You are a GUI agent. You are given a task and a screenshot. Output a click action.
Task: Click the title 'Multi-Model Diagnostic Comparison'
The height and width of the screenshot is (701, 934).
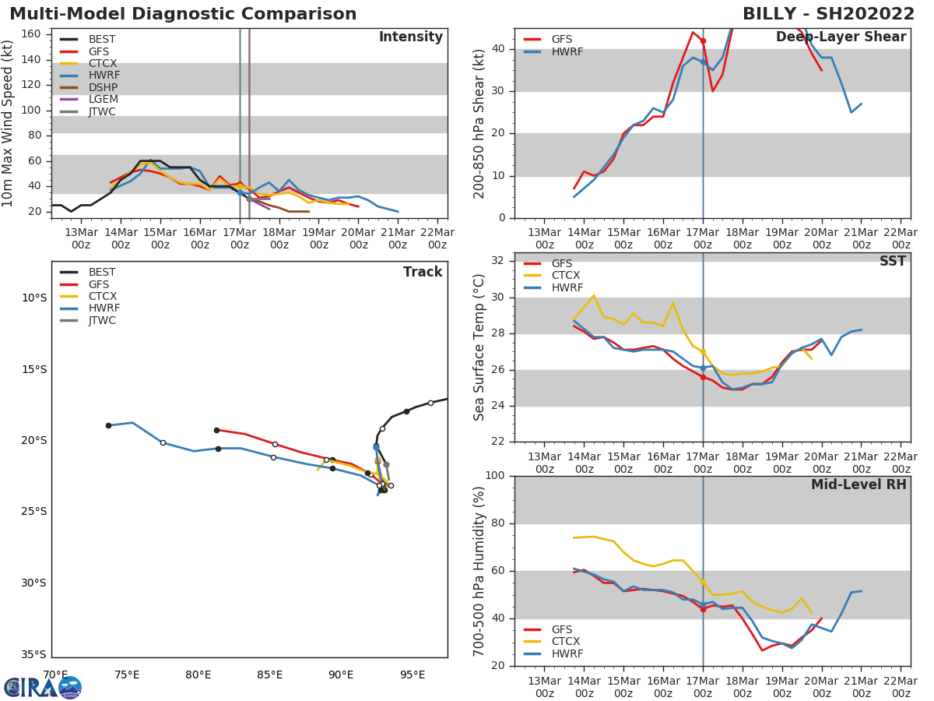(183, 14)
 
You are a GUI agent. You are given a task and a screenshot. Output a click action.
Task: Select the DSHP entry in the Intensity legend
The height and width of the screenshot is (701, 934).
(104, 87)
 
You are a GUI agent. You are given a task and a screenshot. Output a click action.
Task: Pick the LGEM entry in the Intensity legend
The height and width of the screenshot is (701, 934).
(104, 100)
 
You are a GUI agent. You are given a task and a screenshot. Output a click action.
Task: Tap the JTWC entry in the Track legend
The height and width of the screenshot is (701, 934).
(102, 320)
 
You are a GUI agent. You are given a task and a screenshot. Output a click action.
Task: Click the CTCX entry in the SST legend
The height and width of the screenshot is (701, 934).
(566, 276)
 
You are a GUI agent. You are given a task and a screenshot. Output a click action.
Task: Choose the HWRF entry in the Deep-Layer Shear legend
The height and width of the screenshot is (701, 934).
(566, 52)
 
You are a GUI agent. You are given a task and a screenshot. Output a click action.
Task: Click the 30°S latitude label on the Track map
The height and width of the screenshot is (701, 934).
(33, 583)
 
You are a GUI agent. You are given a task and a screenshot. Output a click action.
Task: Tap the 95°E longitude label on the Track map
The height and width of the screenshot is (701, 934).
(413, 675)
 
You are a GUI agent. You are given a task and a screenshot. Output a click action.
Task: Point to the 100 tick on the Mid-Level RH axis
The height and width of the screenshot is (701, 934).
(495, 476)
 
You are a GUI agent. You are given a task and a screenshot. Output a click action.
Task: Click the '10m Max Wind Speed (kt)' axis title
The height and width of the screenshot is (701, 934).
(9, 123)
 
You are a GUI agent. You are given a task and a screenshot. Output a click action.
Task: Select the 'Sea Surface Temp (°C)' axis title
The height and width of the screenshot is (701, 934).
(479, 347)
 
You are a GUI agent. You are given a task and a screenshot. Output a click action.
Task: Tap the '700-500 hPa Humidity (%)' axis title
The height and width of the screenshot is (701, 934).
(479, 571)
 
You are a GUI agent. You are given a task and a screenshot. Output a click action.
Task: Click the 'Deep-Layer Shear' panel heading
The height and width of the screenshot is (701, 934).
(841, 37)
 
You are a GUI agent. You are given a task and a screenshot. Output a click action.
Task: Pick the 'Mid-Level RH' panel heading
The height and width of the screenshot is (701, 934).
(859, 485)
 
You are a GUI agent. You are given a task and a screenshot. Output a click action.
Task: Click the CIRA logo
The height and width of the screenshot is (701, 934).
(43, 688)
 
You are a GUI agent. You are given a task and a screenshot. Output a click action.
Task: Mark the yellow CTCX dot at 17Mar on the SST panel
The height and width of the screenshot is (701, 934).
(703, 351)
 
